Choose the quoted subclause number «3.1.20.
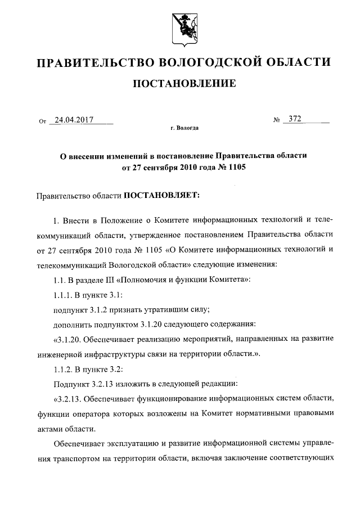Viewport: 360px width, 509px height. tap(70, 339)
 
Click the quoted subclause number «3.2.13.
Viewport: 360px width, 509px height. tap(70, 399)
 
